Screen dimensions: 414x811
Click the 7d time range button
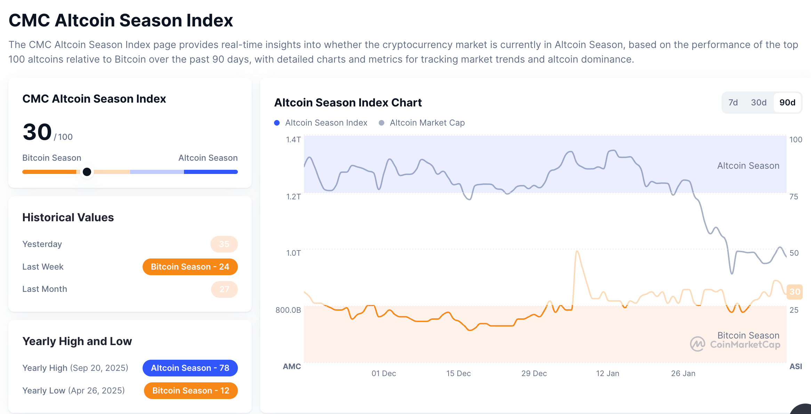[x=733, y=103]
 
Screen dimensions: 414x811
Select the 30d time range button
[x=758, y=103]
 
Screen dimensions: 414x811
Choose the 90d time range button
[x=787, y=103]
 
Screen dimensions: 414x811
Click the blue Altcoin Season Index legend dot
[x=277, y=123]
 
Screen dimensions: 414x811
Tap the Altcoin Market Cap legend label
[x=427, y=123]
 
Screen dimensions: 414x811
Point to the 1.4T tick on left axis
[x=293, y=140]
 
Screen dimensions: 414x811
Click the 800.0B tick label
[x=288, y=310]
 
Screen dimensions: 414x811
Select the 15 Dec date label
[x=458, y=373]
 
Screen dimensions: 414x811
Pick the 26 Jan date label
[x=683, y=373]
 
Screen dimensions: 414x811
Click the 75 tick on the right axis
[x=794, y=197]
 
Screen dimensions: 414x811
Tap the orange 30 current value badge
[x=795, y=292]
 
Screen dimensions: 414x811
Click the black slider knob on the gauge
[x=87, y=172]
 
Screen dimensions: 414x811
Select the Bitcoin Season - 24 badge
[x=190, y=267]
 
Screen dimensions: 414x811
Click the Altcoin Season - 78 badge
[x=190, y=368]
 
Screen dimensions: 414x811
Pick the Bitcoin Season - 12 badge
[x=191, y=391]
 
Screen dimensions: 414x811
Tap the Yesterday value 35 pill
[x=224, y=244]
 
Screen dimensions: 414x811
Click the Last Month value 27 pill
[x=224, y=289]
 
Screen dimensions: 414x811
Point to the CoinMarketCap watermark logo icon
[x=697, y=344]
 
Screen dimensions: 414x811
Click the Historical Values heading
[x=68, y=217]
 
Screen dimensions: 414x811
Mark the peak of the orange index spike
[x=577, y=251]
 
